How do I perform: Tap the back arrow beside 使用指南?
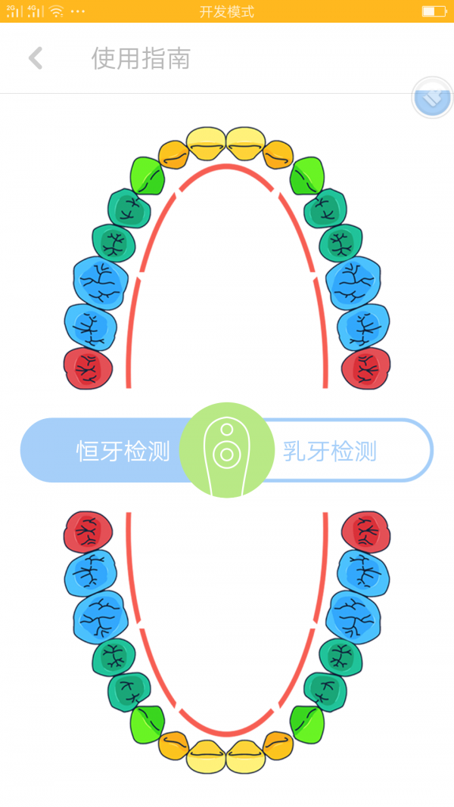pyautogui.click(x=35, y=58)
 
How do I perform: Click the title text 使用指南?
pyautogui.click(x=141, y=58)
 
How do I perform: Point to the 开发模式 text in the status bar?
pyautogui.click(x=227, y=11)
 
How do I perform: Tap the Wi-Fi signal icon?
pyautogui.click(x=56, y=11)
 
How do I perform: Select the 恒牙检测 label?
pyautogui.click(x=123, y=451)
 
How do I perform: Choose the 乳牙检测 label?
pyautogui.click(x=330, y=451)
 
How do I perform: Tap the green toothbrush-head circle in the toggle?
pyautogui.click(x=226, y=450)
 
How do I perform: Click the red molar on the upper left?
pyautogui.click(x=89, y=368)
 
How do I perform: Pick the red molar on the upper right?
pyautogui.click(x=366, y=368)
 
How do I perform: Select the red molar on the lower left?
pyautogui.click(x=89, y=531)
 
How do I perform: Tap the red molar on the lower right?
pyautogui.click(x=366, y=531)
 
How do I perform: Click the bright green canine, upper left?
pyautogui.click(x=148, y=176)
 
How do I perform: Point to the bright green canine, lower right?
pyautogui.click(x=306, y=723)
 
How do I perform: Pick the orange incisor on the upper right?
pyautogui.click(x=278, y=154)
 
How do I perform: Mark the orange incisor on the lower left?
pyautogui.click(x=174, y=745)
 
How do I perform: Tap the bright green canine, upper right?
pyautogui.click(x=307, y=176)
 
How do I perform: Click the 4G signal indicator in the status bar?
pyautogui.click(x=35, y=11)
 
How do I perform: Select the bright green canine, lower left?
pyautogui.click(x=148, y=723)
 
